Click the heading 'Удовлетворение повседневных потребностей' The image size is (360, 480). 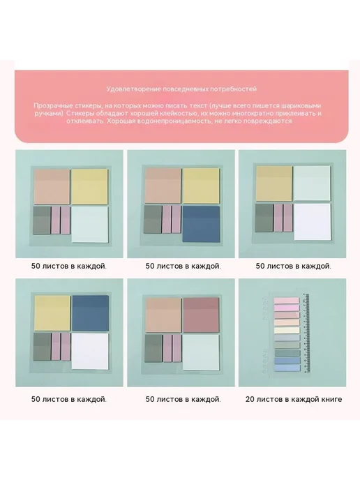pyautogui.click(x=181, y=89)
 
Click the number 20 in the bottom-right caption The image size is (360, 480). pyautogui.click(x=249, y=399)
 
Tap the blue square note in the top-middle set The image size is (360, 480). pyautogui.click(x=201, y=224)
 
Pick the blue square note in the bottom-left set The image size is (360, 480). pyautogui.click(x=90, y=313)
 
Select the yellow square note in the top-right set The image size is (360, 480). pyautogui.click(x=274, y=184)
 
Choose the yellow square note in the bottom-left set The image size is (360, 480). pyautogui.click(x=52, y=313)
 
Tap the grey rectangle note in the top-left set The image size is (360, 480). pyautogui.click(x=42, y=220)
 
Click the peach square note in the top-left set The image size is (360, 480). pyautogui.click(x=52, y=186)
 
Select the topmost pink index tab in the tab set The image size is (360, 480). pyautogui.click(x=287, y=301)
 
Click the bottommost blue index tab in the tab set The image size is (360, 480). pyautogui.click(x=287, y=368)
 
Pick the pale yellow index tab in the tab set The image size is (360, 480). pyautogui.click(x=287, y=330)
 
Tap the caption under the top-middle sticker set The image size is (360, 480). pyautogui.click(x=183, y=266)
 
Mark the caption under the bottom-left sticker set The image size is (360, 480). pyautogui.click(x=69, y=399)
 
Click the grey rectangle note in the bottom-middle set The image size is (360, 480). pyautogui.click(x=153, y=348)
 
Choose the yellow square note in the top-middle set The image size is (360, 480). pyautogui.click(x=201, y=186)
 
